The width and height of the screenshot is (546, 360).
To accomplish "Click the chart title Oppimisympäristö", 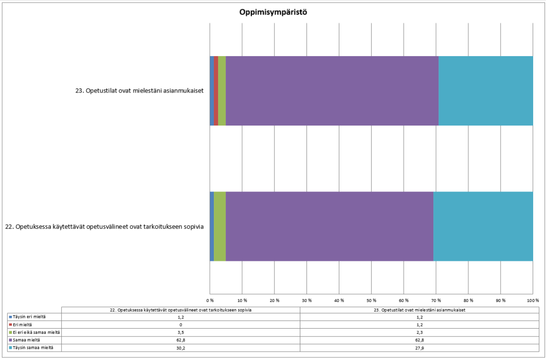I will pos(273,12).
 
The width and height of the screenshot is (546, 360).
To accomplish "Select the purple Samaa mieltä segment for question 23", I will pos(332,91).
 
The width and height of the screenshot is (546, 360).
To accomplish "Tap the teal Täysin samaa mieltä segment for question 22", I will pos(483,226).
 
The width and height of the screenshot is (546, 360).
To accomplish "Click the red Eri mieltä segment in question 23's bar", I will pos(216,91).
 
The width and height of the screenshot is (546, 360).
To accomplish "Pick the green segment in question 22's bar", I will pos(220,226).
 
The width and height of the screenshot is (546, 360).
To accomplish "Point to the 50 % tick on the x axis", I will pos(371,300).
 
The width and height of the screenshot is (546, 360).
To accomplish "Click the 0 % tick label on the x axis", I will pos(210,300).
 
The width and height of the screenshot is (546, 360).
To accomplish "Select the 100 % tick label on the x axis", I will pos(533,300).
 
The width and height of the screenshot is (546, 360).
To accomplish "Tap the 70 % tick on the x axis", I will pos(436,300).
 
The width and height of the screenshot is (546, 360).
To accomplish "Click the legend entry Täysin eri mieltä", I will pos(30,317).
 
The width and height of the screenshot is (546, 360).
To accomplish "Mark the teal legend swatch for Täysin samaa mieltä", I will pos(10,348).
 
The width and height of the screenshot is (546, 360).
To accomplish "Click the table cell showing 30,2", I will pos(180,348).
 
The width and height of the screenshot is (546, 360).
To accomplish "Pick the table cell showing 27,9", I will pos(420,348).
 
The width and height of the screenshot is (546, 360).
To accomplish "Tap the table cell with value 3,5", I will pos(180,333).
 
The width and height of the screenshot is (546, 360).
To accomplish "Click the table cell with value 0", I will pos(180,325).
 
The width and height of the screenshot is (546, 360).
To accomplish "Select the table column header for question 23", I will pos(420,310).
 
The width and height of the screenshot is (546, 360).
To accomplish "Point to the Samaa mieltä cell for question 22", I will pos(180,340).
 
